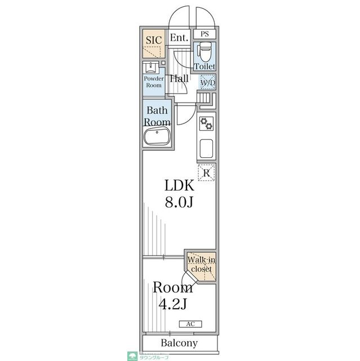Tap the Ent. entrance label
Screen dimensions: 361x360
point(179,38)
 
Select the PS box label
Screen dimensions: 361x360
point(205,34)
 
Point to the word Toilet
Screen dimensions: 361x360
point(205,67)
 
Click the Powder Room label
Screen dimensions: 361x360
point(153,82)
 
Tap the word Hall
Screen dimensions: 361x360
point(179,79)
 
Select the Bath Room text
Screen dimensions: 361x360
point(157,116)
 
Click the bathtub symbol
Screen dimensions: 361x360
point(157,137)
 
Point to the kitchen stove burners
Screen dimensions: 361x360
point(206,124)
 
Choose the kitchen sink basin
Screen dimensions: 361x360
point(206,149)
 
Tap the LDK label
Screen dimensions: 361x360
point(179,186)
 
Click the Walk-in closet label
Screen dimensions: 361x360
point(201,265)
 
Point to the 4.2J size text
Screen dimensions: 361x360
point(172,305)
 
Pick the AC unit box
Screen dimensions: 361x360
point(190,324)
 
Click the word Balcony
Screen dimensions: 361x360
point(179,343)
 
